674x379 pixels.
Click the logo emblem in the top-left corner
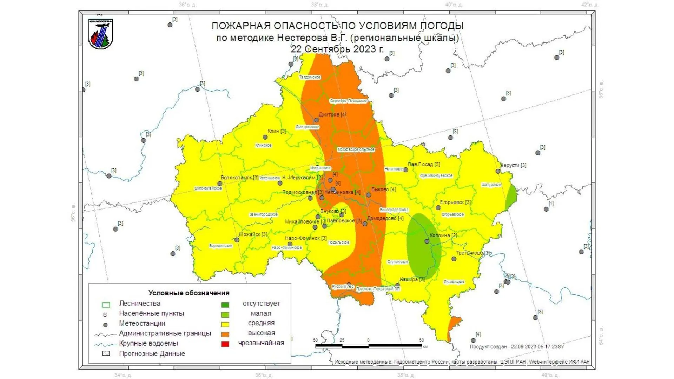(101, 34)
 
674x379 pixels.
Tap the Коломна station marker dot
(427, 241)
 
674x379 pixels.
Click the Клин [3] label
(277, 131)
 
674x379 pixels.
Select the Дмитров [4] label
(332, 114)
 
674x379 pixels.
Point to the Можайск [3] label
(253, 234)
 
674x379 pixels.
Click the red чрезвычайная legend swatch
(225, 344)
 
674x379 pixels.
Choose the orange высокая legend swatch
(225, 334)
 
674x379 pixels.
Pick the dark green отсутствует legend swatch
(225, 305)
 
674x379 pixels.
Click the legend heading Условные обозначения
(189, 293)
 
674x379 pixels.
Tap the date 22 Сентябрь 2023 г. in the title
(337, 49)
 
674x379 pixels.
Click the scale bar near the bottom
(369, 346)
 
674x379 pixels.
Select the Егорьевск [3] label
(455, 202)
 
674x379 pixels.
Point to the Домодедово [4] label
(385, 218)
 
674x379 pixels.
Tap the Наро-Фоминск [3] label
(306, 238)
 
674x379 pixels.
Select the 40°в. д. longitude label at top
(454, 5)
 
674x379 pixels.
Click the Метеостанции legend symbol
(105, 325)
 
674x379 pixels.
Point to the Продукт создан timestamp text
(517, 347)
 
